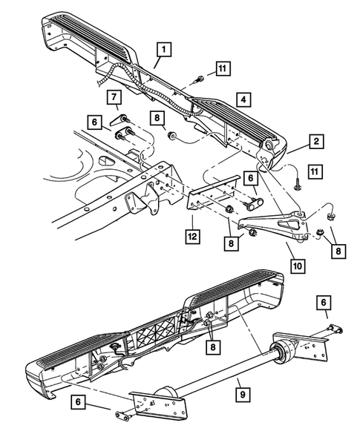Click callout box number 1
164,50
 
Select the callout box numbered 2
316,142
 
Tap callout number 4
243,99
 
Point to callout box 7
114,97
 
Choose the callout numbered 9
242,395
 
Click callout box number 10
298,266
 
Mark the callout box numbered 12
193,237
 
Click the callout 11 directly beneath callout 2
315,171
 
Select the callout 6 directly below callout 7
95,122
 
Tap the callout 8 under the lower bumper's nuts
213,347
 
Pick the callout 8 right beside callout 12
231,243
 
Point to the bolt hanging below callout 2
296,185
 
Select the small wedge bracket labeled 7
119,120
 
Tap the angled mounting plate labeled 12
212,195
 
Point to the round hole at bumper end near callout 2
269,145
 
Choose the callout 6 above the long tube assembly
324,303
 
